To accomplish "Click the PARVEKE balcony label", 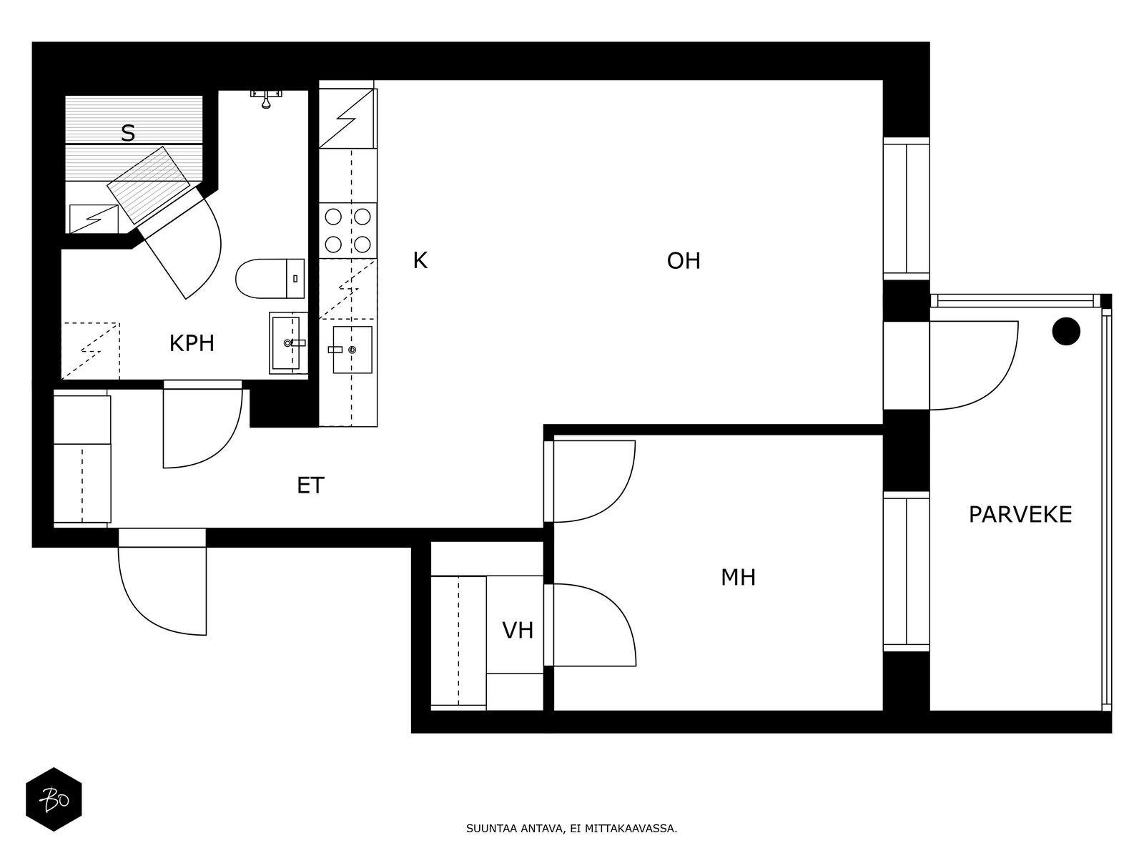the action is click(1020, 515).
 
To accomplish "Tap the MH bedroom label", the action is click(738, 577).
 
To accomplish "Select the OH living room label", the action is click(684, 261).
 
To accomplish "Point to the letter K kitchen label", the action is click(420, 260).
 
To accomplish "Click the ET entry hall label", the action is click(310, 485).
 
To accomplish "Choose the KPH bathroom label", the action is click(192, 343).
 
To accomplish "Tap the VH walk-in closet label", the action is click(518, 631).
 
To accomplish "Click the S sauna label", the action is click(128, 134).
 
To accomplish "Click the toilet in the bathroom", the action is click(270, 278).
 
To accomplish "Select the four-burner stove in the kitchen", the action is click(347, 230).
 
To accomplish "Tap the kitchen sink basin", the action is click(352, 350).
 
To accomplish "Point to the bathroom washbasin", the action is click(287, 342).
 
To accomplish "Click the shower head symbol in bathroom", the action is click(266, 99).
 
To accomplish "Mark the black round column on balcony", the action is click(1066, 331).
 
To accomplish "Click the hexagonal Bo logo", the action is click(54, 799).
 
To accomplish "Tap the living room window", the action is click(907, 208).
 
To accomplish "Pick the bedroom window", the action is click(907, 571).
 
